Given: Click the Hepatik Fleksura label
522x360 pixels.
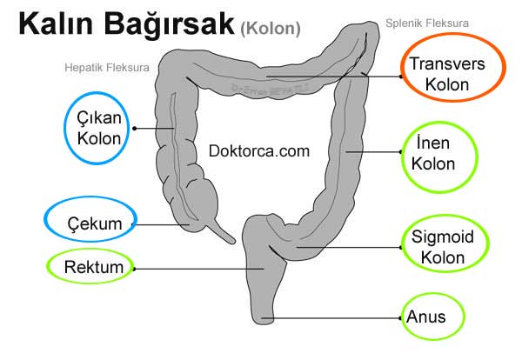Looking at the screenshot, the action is click(106, 66).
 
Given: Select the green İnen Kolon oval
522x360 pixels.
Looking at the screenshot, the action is click(439, 153).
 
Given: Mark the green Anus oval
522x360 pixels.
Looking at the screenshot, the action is click(432, 317).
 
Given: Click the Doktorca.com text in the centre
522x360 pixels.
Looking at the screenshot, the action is click(259, 150).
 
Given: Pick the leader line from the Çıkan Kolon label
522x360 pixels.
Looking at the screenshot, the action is click(151, 127).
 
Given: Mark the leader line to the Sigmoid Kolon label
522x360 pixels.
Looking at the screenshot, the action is click(348, 248).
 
